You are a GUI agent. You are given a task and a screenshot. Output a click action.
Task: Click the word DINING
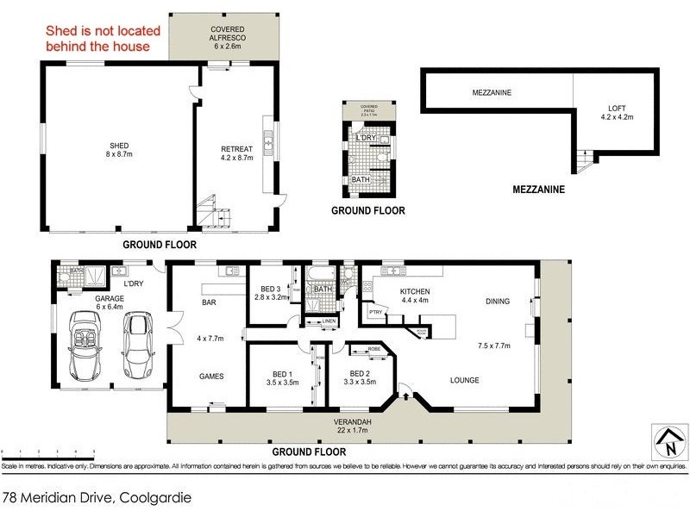pyautogui.click(x=498, y=301)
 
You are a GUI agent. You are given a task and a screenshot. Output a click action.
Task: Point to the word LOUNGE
pyautogui.click(x=464, y=380)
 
